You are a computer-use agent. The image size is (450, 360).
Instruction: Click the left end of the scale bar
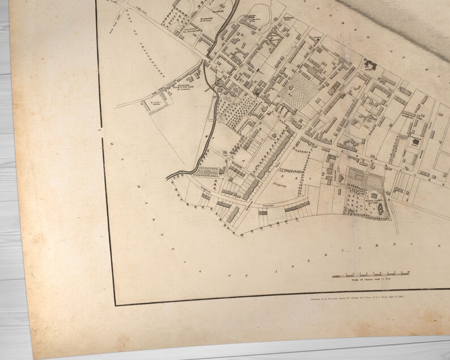(x=333, y=276)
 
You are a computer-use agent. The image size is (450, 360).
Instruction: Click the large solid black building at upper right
(x=372, y=64)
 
